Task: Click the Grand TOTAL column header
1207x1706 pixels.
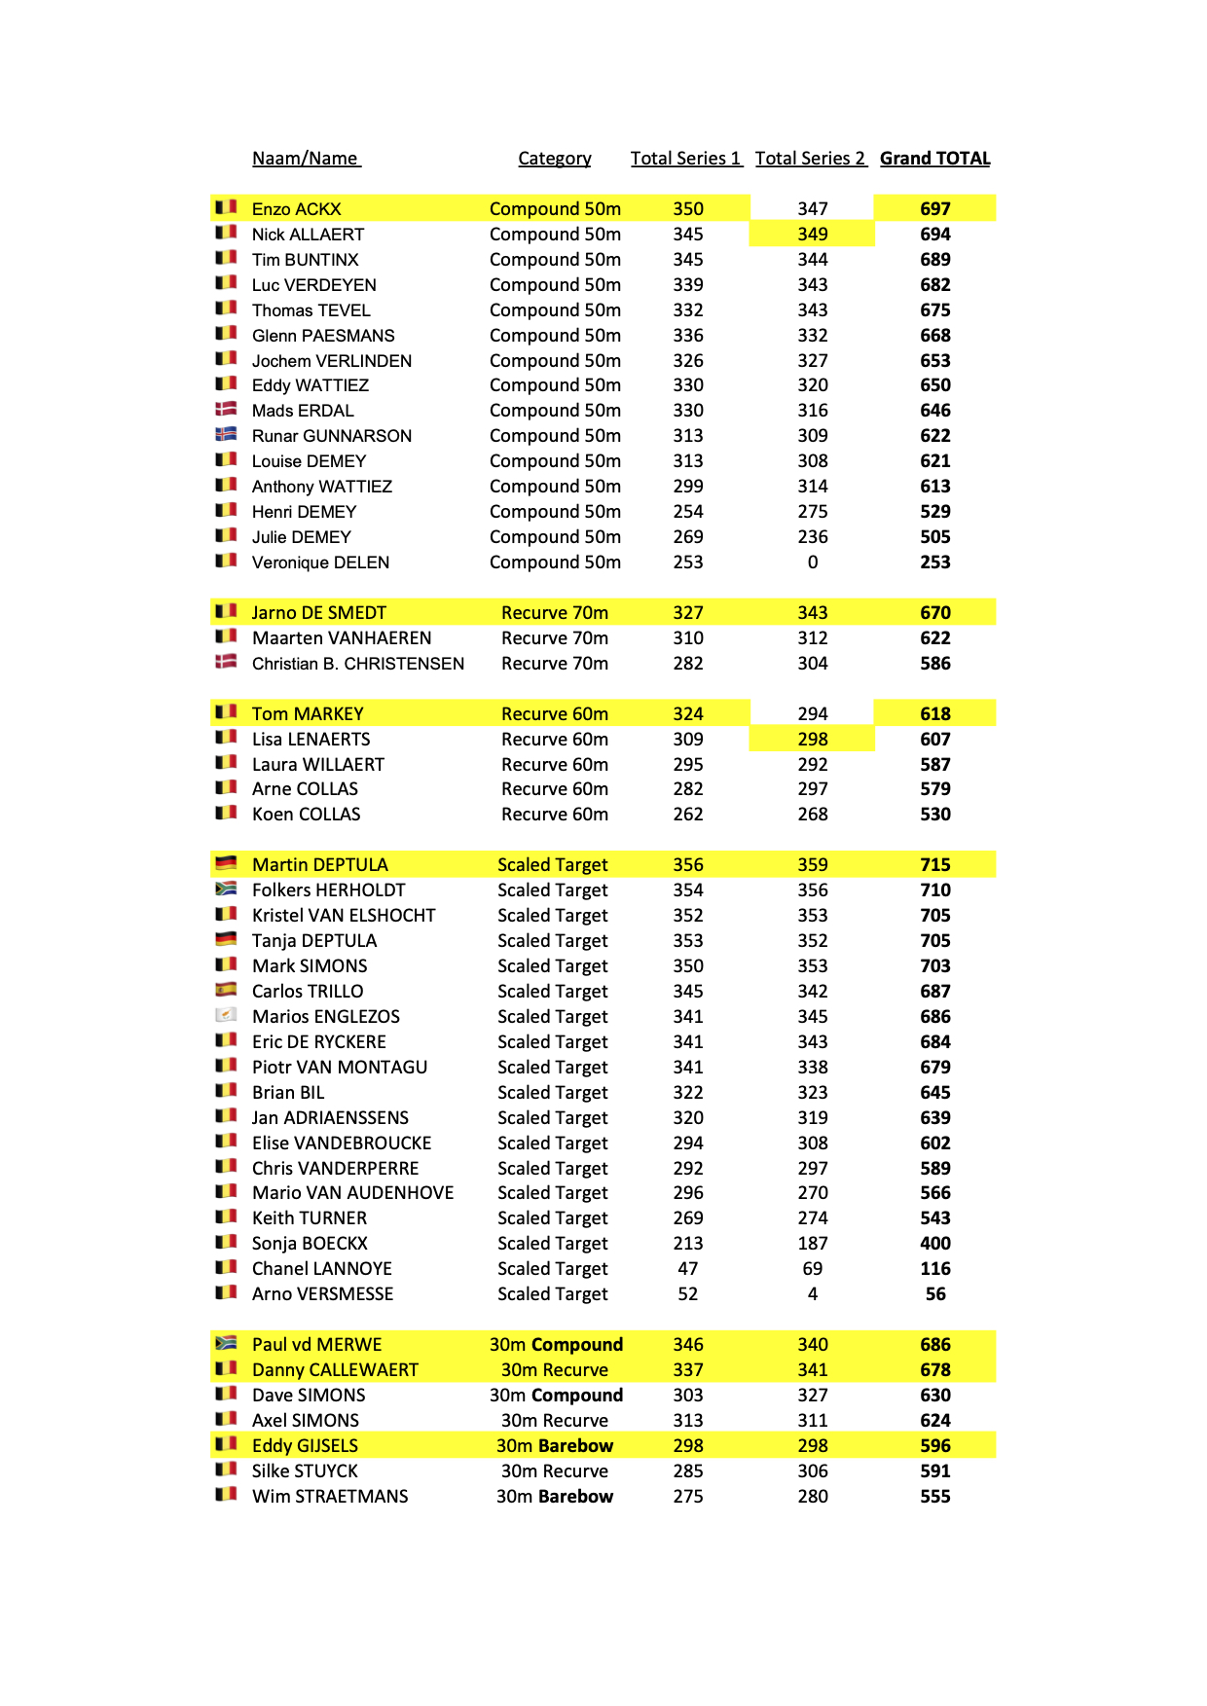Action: point(934,159)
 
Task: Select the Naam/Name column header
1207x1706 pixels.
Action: point(306,159)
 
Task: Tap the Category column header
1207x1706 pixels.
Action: point(554,159)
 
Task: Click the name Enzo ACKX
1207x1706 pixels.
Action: point(296,209)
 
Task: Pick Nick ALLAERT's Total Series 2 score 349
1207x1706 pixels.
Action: point(812,235)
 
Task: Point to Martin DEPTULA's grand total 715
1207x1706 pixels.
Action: point(934,865)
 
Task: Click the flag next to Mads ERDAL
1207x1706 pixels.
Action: point(226,409)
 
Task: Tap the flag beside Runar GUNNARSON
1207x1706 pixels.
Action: point(226,434)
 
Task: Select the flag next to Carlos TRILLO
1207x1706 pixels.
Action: point(226,990)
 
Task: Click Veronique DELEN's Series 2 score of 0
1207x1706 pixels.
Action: point(812,563)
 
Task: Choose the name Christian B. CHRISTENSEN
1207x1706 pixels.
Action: point(357,664)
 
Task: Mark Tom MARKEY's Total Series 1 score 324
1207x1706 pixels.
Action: point(687,714)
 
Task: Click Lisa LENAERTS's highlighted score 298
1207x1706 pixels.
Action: point(812,740)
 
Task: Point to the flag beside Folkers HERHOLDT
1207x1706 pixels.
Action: point(226,889)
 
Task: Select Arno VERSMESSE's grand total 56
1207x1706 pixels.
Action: point(934,1294)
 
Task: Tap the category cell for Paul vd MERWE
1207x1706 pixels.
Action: point(555,1345)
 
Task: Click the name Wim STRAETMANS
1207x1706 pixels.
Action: point(330,1497)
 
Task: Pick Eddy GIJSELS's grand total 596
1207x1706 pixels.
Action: point(934,1446)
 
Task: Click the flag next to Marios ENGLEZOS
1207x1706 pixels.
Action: point(226,1015)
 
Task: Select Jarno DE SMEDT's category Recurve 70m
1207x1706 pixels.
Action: point(554,613)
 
